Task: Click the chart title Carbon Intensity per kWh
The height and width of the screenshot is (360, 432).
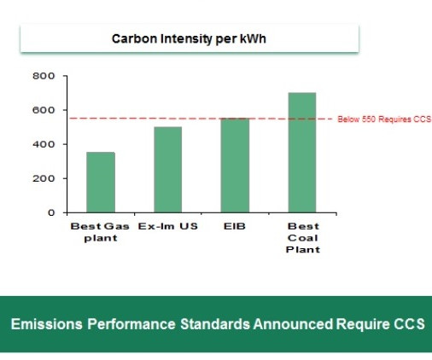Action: click(x=189, y=39)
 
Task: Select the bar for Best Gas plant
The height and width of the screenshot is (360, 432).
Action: click(x=101, y=183)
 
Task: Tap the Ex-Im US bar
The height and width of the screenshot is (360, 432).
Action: click(x=168, y=170)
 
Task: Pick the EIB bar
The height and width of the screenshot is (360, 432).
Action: click(x=235, y=165)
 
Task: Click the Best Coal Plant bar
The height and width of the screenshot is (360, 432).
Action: click(x=302, y=153)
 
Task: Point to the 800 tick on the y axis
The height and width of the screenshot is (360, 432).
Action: click(x=44, y=76)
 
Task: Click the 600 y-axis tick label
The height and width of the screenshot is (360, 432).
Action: click(x=44, y=110)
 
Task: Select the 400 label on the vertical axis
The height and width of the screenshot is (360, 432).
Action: click(x=44, y=144)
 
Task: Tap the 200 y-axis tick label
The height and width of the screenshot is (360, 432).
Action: click(x=44, y=178)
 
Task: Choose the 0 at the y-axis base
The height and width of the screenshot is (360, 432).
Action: click(x=51, y=212)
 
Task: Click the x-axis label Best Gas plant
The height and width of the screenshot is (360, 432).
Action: click(x=100, y=232)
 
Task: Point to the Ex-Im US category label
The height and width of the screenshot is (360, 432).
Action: click(x=168, y=226)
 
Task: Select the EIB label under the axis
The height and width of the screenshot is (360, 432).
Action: click(x=235, y=226)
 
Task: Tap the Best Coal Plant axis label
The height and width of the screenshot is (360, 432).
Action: click(x=303, y=238)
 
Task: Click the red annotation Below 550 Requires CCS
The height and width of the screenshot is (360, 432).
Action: click(x=384, y=119)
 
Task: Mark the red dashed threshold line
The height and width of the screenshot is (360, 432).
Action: click(x=201, y=119)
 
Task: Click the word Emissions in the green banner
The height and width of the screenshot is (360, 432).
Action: click(x=47, y=324)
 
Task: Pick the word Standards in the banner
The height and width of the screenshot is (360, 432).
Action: click(x=215, y=324)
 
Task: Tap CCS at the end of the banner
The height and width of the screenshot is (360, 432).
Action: click(x=409, y=324)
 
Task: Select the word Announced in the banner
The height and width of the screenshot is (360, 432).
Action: click(x=293, y=324)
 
